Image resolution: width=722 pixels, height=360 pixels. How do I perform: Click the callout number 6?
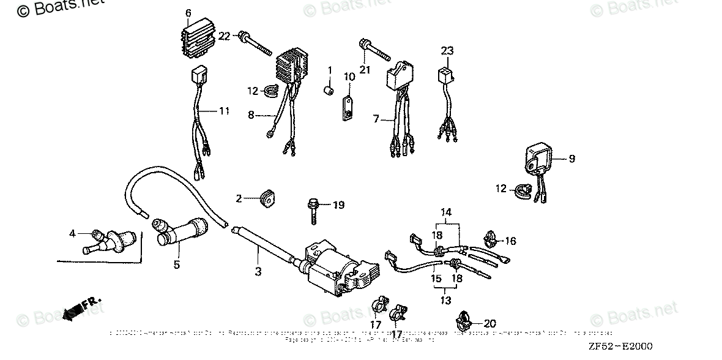(x=188, y=13)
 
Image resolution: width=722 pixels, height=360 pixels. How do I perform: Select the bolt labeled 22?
(x=257, y=43)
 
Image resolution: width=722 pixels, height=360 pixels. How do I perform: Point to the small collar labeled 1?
(x=329, y=92)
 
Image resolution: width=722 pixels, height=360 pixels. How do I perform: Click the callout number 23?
(x=447, y=51)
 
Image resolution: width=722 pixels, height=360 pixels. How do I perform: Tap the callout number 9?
(x=571, y=159)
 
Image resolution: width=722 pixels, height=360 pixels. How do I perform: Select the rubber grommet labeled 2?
(x=266, y=198)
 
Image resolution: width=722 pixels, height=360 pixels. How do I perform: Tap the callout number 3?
(x=258, y=271)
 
